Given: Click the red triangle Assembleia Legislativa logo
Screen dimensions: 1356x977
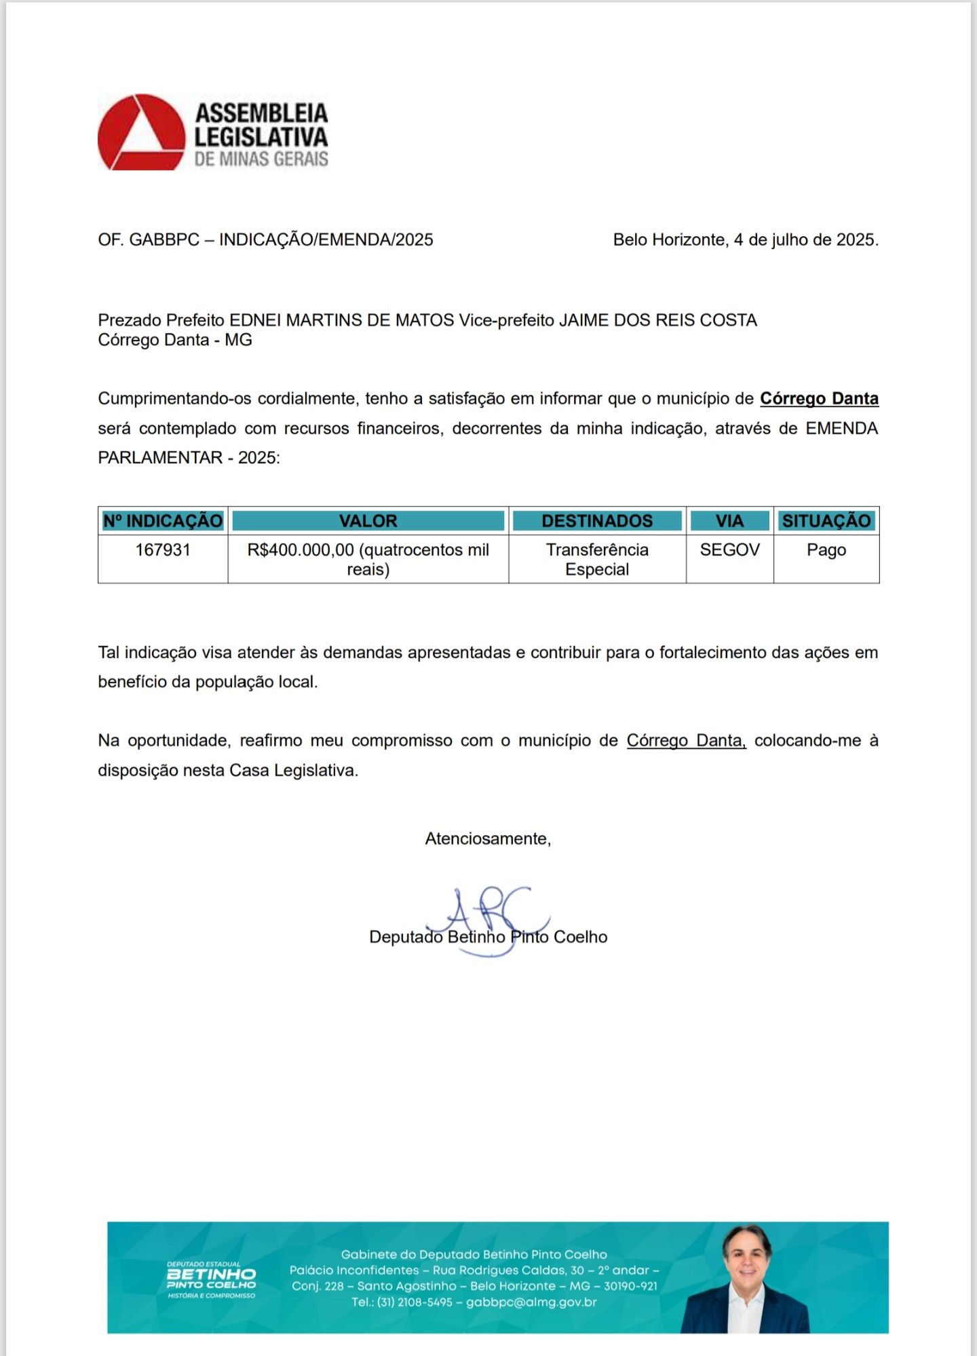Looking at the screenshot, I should (141, 133).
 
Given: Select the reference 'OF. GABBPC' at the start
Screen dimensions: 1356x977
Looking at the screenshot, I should (149, 240).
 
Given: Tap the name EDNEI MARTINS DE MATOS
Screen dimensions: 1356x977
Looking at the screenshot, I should (341, 320).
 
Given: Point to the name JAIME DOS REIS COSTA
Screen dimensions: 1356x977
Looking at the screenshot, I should (657, 320).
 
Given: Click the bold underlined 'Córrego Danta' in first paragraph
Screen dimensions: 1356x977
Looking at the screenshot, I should (819, 399).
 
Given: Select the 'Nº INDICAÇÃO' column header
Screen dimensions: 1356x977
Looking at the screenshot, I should (163, 521).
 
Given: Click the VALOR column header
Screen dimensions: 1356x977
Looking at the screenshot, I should (368, 521).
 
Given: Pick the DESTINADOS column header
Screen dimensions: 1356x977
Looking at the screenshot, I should (597, 521).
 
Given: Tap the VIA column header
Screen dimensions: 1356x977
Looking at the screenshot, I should (729, 521).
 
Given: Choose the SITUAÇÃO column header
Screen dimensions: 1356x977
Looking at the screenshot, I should (826, 521).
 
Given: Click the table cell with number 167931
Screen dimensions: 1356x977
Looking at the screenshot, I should (163, 550).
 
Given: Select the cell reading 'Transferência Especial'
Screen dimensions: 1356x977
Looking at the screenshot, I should (597, 560).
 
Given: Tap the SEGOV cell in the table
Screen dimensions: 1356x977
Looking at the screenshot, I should (729, 550).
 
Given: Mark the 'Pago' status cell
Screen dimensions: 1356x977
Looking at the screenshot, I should (826, 550).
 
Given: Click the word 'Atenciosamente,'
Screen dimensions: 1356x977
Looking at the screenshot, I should (488, 839).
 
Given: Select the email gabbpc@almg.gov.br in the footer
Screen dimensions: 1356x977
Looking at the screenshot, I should (531, 1302).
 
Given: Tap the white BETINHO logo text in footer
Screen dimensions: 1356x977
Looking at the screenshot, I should (211, 1275).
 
